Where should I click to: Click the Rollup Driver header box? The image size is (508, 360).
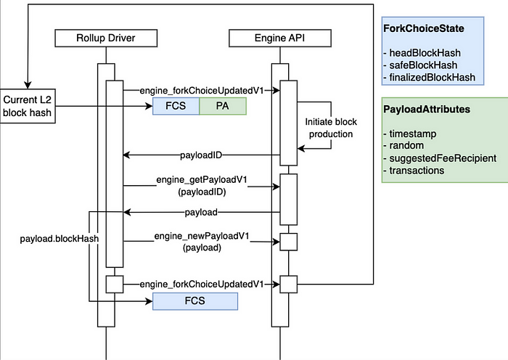pyautogui.click(x=106, y=38)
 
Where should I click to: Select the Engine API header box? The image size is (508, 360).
pyautogui.click(x=280, y=38)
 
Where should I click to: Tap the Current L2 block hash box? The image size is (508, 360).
pyautogui.click(x=28, y=106)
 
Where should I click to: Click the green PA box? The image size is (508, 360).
pyautogui.click(x=223, y=106)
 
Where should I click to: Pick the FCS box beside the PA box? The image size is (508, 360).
pyautogui.click(x=176, y=106)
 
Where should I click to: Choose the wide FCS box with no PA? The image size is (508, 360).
pyautogui.click(x=195, y=301)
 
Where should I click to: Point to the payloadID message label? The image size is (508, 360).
pyautogui.click(x=201, y=155)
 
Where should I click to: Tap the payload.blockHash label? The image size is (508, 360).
pyautogui.click(x=60, y=239)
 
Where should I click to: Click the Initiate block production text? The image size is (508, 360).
pyautogui.click(x=331, y=128)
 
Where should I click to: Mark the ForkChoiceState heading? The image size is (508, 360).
pyautogui.click(x=424, y=28)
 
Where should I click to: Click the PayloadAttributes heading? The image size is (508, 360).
pyautogui.click(x=427, y=109)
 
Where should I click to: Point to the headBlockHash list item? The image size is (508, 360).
pyautogui.click(x=422, y=53)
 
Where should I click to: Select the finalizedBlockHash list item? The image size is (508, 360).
pyautogui.click(x=430, y=78)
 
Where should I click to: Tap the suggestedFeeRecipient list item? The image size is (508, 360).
pyautogui.click(x=440, y=158)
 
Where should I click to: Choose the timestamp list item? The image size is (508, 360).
pyautogui.click(x=410, y=134)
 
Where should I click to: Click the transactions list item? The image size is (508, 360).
pyautogui.click(x=414, y=171)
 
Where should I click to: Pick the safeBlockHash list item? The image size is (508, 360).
pyautogui.click(x=420, y=65)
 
